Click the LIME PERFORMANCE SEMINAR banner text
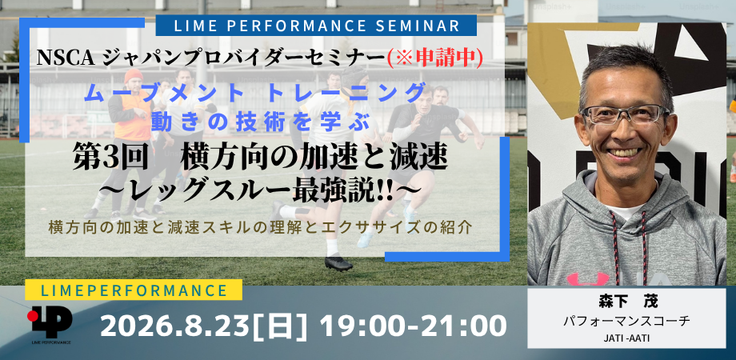pos(316,26)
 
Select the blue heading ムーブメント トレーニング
pos(254,93)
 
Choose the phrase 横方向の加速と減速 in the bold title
pos(314,160)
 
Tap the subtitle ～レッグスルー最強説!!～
pos(259,192)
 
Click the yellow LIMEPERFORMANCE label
pos(134,290)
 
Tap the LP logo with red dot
pos(50,322)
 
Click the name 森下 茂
pos(626,302)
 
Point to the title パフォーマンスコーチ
pos(626,322)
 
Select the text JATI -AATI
pos(626,338)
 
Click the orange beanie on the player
pos(134,75)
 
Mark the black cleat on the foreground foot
pos(338,262)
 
